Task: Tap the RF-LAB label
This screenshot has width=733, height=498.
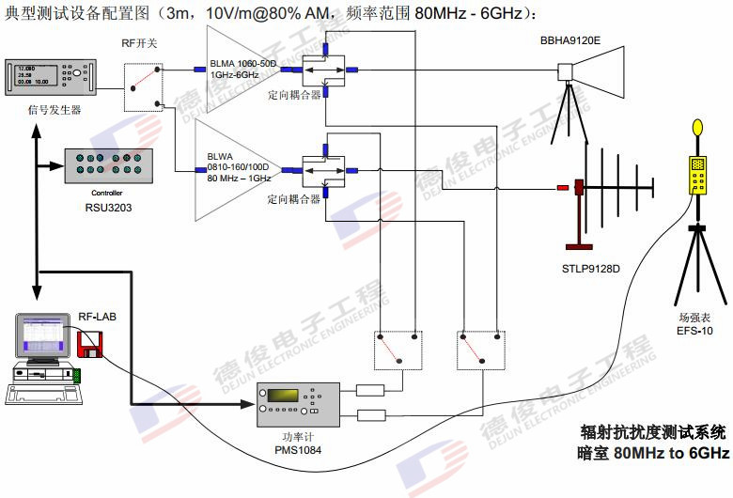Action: (97, 319)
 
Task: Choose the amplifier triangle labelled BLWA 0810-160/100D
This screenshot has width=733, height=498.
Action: (235, 172)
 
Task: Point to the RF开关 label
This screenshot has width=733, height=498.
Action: (138, 43)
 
